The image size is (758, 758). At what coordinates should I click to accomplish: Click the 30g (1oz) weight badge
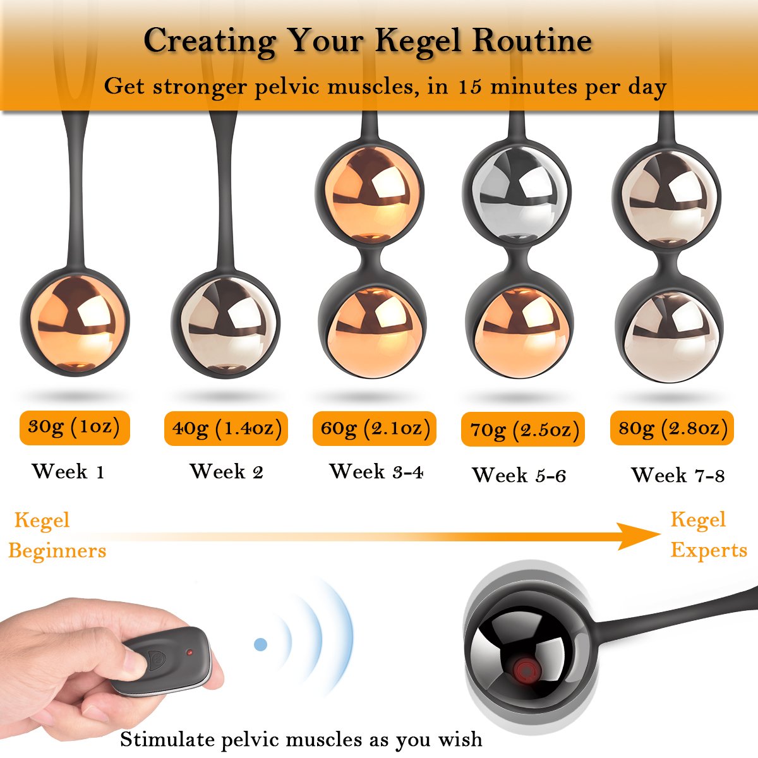point(75,428)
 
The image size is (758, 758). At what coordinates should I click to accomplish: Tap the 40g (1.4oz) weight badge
point(226,428)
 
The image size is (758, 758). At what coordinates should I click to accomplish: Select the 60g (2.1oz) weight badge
point(375,428)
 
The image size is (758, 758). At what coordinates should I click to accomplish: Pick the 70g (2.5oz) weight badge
point(523,429)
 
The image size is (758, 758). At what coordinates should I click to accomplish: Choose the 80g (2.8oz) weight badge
point(672,428)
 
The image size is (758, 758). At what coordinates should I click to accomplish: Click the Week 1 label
point(68,471)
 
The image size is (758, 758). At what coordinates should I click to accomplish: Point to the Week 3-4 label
point(376,471)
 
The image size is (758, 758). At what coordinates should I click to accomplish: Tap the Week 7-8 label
point(678,474)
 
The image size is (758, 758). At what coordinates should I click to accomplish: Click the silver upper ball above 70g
point(517,195)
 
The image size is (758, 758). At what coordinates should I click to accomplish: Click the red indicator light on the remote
point(189,652)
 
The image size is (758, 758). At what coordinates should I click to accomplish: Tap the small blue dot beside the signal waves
point(260,644)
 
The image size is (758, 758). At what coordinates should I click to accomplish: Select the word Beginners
point(57,551)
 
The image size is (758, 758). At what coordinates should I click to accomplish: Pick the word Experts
point(709,550)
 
